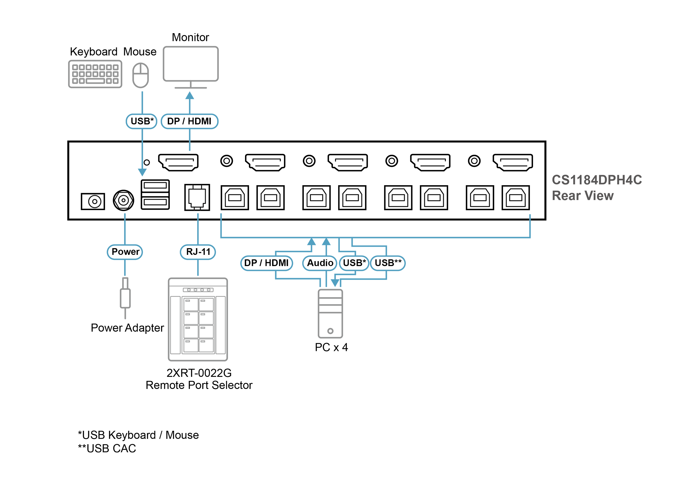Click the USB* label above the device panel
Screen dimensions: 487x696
pyautogui.click(x=142, y=121)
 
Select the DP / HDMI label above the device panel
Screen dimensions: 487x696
pyautogui.click(x=189, y=121)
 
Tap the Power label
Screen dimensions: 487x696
pyautogui.click(x=125, y=252)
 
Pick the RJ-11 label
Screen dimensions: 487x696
pyautogui.click(x=198, y=252)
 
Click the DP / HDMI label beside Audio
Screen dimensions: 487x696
pyautogui.click(x=267, y=263)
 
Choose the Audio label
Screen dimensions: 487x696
pyautogui.click(x=320, y=263)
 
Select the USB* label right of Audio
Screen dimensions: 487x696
pyautogui.click(x=354, y=263)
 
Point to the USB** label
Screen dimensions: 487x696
pyautogui.click(x=388, y=263)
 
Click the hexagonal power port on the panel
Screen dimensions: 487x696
pyautogui.click(x=123, y=200)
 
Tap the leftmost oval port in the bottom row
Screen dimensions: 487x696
pyautogui.click(x=94, y=201)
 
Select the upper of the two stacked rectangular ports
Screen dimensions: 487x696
pyautogui.click(x=155, y=186)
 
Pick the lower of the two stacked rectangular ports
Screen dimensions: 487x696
pyautogui.click(x=155, y=202)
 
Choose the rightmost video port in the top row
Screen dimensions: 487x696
pyautogui.click(x=514, y=162)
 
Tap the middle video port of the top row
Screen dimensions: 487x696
pyautogui.click(x=349, y=162)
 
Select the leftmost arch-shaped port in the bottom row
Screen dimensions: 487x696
pyautogui.click(x=235, y=198)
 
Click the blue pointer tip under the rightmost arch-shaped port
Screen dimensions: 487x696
pyautogui.click(x=530, y=215)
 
